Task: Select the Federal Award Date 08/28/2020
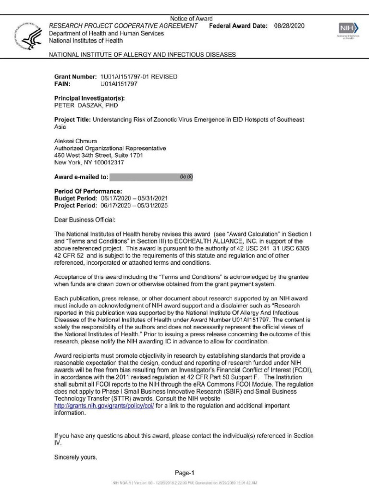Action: pyautogui.click(x=289, y=25)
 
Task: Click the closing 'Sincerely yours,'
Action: pyautogui.click(x=75, y=457)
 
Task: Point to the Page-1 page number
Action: pyautogui.click(x=184, y=473)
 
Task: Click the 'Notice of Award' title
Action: pyautogui.click(x=191, y=19)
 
